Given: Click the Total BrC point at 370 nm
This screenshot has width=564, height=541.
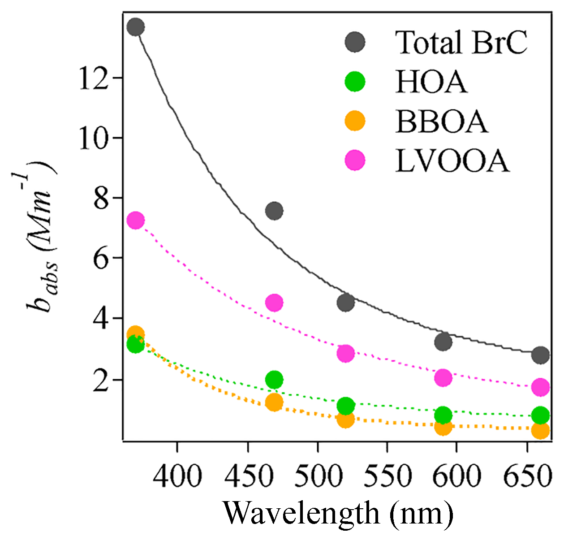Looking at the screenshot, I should [x=136, y=28].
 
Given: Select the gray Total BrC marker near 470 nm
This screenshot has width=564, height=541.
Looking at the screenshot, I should [x=274, y=211].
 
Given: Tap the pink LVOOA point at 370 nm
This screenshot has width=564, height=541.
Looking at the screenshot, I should [x=136, y=221].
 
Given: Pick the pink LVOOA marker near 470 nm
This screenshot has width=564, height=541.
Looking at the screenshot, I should [x=274, y=303].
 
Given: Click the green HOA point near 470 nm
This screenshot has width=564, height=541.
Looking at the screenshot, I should [x=274, y=380].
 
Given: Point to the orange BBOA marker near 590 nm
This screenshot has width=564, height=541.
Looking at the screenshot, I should [x=443, y=427].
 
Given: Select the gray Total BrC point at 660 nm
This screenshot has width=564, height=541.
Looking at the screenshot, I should [x=541, y=355].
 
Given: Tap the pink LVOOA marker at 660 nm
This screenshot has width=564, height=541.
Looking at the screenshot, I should [x=541, y=387].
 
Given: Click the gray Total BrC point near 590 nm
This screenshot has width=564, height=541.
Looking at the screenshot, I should [x=443, y=342].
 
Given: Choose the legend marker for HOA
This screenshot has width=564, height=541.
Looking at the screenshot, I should [x=355, y=82].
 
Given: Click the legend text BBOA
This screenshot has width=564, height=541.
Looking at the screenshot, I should [x=442, y=121].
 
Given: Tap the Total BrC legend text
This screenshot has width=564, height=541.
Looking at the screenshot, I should [x=461, y=43].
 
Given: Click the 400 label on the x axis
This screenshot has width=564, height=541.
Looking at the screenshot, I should [x=177, y=476].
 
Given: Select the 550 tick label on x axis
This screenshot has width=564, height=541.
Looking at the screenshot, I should [x=387, y=476].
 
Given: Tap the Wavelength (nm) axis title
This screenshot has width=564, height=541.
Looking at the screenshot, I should [x=338, y=513].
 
